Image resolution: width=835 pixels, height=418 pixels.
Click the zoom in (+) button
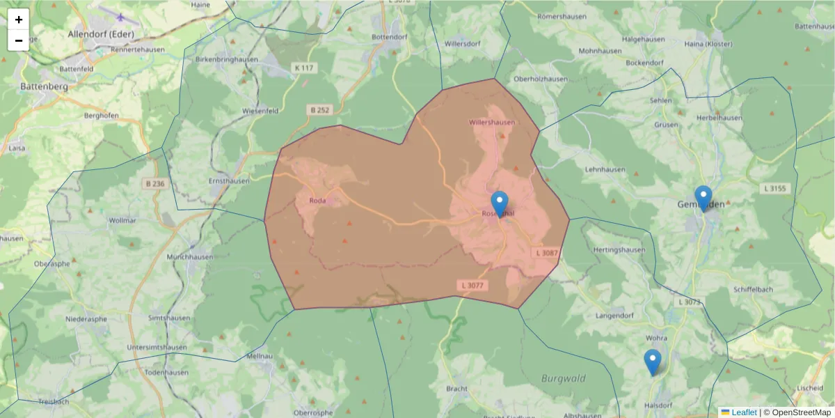(19, 20)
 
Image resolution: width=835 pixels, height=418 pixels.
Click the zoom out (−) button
(19, 40)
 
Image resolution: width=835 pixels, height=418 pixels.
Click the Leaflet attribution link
(744, 412)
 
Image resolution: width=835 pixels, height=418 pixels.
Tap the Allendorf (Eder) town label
(101, 33)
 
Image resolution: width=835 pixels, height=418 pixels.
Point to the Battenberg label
(44, 86)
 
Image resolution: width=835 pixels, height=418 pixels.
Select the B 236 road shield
(155, 184)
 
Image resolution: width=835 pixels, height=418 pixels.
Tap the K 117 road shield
(304, 68)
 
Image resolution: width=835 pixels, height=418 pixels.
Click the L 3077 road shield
(471, 286)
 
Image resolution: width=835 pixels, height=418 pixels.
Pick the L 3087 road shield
(547, 252)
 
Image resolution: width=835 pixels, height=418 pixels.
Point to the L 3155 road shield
(774, 188)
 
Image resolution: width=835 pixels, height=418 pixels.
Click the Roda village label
(317, 201)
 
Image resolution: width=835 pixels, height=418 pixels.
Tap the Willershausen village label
(492, 123)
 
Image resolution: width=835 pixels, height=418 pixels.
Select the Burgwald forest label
(563, 379)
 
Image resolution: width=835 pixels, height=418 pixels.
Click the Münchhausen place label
(188, 257)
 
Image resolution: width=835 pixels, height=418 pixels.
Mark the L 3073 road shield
(690, 302)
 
